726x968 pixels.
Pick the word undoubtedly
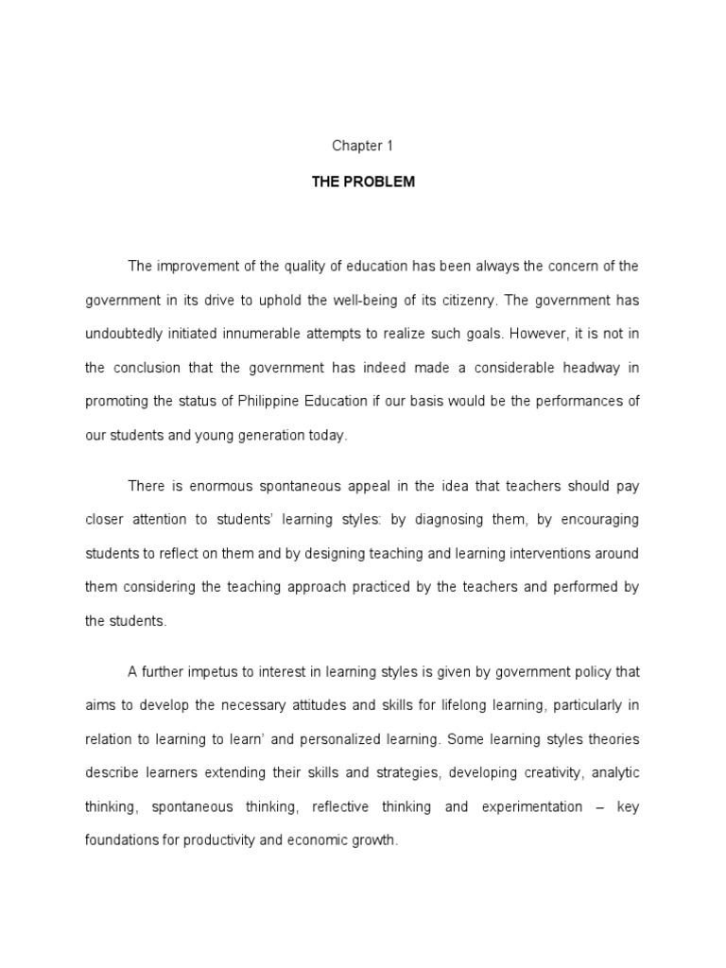pos(126,335)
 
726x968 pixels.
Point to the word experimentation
pos(532,806)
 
